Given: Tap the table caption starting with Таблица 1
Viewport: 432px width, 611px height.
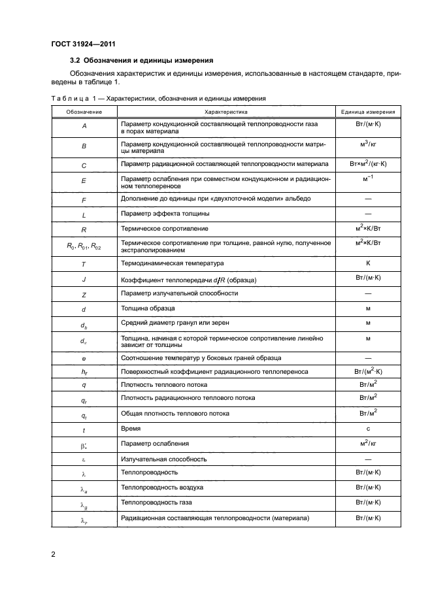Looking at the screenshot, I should (158, 98).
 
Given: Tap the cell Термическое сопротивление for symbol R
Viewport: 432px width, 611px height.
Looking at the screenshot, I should (164, 229).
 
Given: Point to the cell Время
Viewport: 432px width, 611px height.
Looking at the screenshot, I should (131, 429).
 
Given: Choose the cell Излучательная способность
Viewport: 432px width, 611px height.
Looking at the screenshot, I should (164, 459).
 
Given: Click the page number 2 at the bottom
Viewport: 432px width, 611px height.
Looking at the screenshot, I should (54, 555).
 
